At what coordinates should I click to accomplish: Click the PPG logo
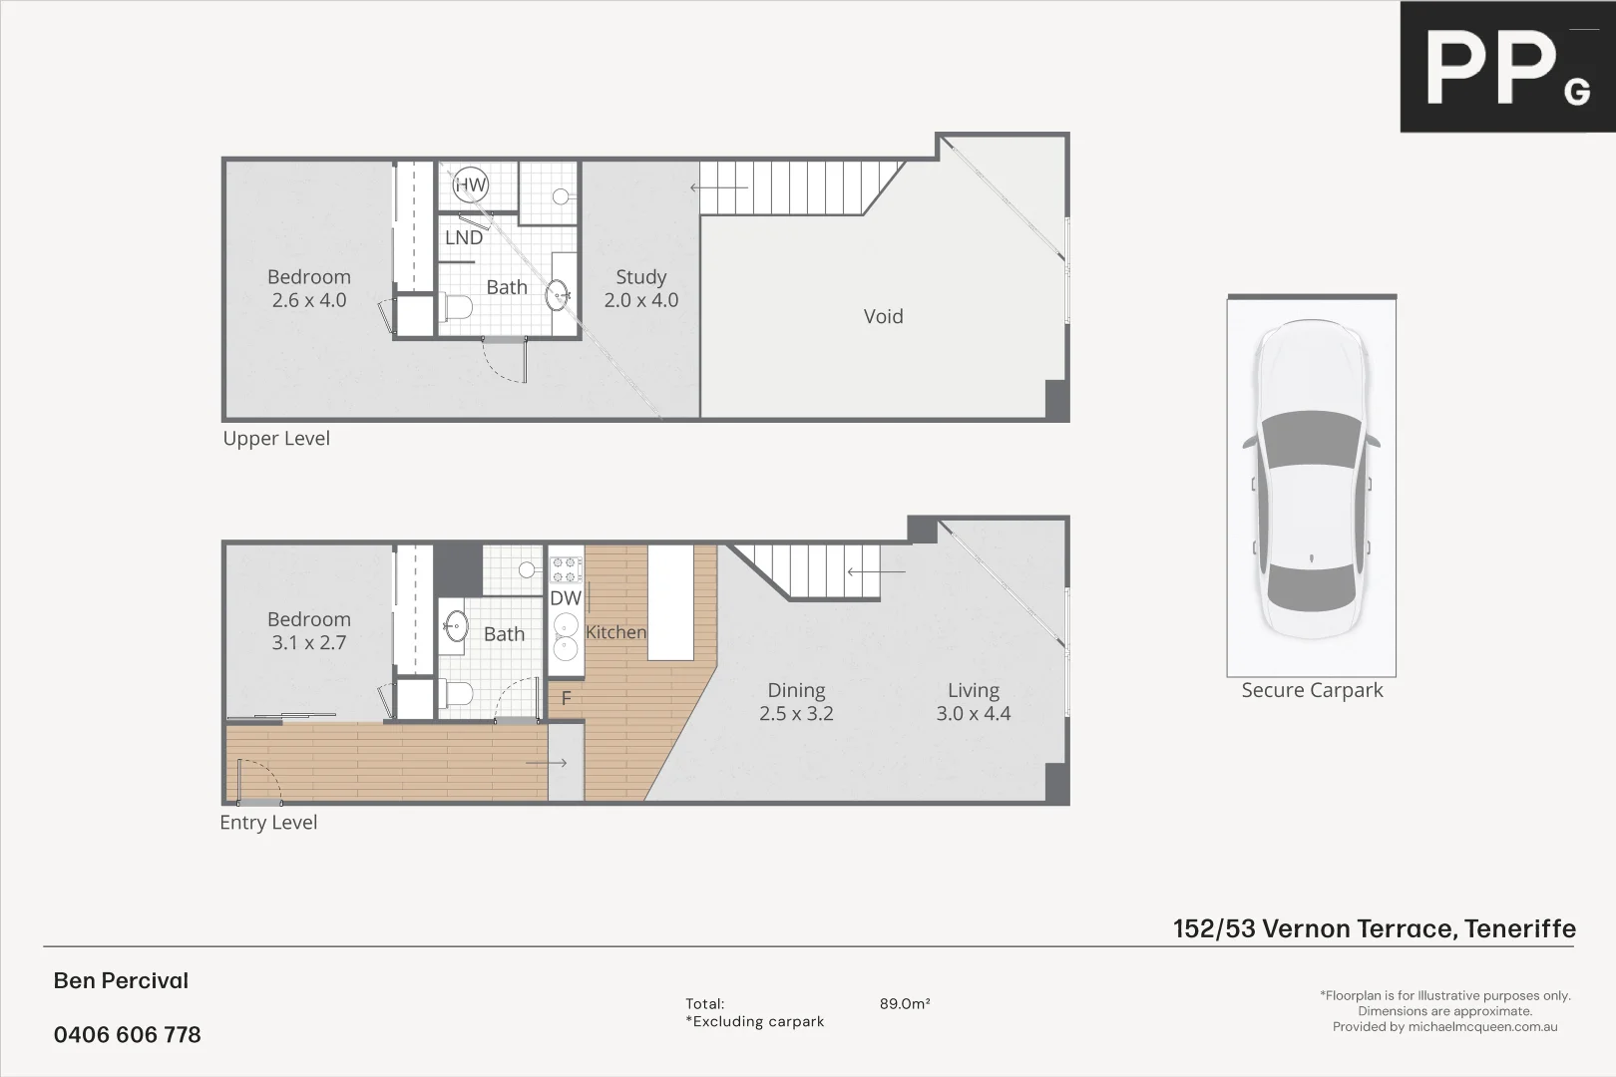click(x=1506, y=67)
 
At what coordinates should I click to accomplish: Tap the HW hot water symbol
click(x=470, y=184)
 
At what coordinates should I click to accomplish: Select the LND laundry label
click(x=464, y=237)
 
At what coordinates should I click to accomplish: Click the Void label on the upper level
click(x=883, y=316)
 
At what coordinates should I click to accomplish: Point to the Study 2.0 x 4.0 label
click(x=640, y=288)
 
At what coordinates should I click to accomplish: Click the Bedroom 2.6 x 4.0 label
click(x=309, y=288)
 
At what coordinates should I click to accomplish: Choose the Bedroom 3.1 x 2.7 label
click(x=309, y=630)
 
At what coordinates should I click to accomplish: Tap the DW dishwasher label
click(x=566, y=598)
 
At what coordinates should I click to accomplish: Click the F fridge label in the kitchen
click(x=566, y=698)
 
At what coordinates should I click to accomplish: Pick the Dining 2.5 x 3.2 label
click(x=796, y=701)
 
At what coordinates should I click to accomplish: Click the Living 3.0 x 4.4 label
click(x=973, y=701)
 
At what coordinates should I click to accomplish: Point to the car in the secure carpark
click(x=1311, y=479)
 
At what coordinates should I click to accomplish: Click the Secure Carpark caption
click(x=1312, y=690)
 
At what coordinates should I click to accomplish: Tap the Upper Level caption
click(x=276, y=439)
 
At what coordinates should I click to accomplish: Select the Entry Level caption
click(x=268, y=823)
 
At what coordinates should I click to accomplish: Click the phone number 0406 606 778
click(x=128, y=1035)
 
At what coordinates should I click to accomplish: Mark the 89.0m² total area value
click(x=905, y=1004)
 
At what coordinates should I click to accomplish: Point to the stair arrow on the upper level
click(x=718, y=187)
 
